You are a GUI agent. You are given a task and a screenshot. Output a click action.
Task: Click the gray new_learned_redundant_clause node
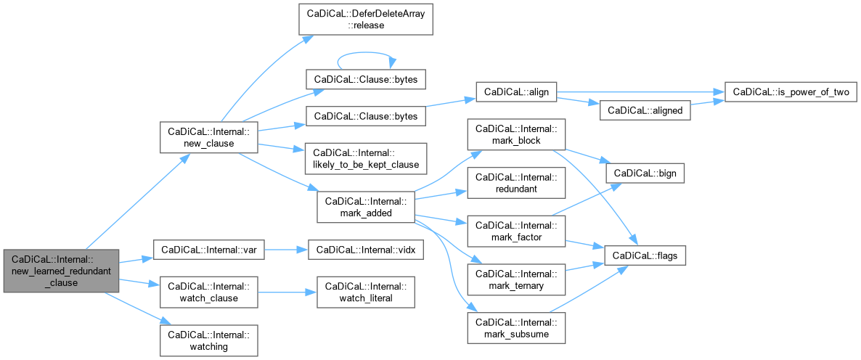click(x=60, y=271)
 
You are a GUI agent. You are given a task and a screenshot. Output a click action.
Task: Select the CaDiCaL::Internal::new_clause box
click(x=209, y=138)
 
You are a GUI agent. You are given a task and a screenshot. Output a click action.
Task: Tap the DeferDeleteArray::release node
click(x=366, y=20)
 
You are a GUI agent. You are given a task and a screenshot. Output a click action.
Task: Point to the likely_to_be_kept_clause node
click(x=366, y=157)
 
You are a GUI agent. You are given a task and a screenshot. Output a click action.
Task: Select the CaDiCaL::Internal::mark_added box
click(x=366, y=208)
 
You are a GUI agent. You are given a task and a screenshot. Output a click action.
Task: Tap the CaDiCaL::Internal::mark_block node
click(x=516, y=134)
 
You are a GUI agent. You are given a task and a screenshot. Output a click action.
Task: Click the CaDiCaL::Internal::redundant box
click(x=516, y=183)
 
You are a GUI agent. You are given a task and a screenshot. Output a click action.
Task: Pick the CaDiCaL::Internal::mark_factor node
click(x=516, y=230)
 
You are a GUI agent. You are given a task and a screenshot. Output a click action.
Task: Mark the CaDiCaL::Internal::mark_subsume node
click(x=516, y=328)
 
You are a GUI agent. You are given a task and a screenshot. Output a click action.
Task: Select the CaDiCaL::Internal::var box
click(x=210, y=250)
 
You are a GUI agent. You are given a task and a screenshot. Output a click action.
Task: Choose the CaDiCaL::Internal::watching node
click(x=210, y=340)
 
